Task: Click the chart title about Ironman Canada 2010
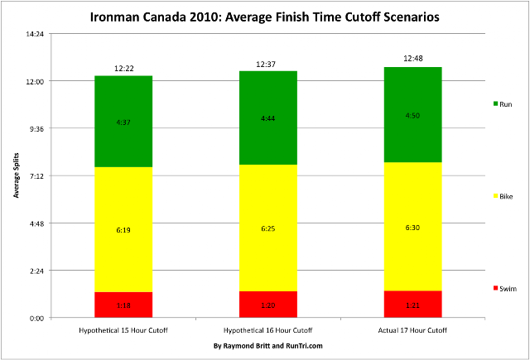[x=264, y=17]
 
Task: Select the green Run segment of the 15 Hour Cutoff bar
[x=123, y=122]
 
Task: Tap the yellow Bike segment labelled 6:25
[x=268, y=228]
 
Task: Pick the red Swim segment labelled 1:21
[x=412, y=305]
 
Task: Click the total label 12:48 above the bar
[x=413, y=59]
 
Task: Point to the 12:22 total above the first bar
[x=124, y=69]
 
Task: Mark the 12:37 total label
[x=266, y=65]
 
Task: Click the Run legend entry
[x=503, y=104]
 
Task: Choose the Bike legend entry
[x=503, y=196]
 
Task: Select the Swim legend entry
[x=505, y=288]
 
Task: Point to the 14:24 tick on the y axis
[x=35, y=34]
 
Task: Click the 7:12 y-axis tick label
[x=36, y=176]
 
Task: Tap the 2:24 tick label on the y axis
[x=36, y=271]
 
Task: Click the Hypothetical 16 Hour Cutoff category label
[x=267, y=330]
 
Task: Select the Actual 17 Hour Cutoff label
[x=412, y=330]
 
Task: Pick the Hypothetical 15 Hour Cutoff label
[x=123, y=330]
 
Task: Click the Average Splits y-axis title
[x=17, y=175]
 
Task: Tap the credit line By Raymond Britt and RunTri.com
[x=268, y=346]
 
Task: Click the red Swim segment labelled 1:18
[x=123, y=305]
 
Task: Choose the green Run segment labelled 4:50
[x=412, y=115]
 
